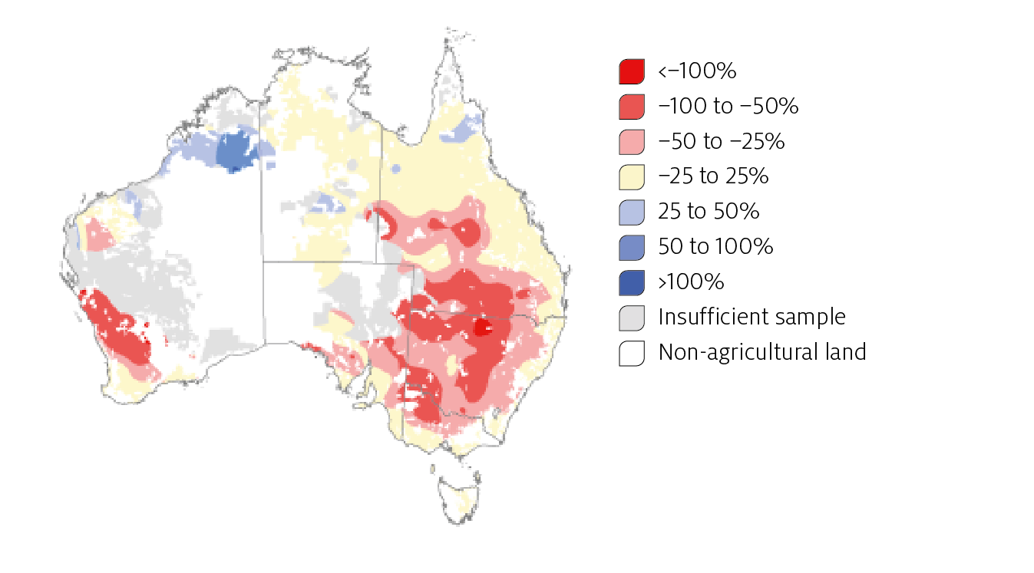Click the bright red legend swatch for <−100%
click(631, 71)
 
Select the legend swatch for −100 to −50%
click(631, 107)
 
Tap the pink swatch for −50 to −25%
click(631, 142)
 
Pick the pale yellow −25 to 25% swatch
click(631, 176)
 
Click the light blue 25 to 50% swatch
click(631, 212)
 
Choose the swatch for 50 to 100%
click(631, 247)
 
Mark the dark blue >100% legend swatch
click(631, 282)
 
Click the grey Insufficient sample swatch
click(631, 318)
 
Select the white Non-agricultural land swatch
click(631, 353)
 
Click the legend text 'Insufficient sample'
click(752, 317)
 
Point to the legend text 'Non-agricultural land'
click(761, 352)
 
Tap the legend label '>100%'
click(691, 282)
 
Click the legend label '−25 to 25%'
click(713, 176)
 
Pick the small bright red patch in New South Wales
click(483, 328)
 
